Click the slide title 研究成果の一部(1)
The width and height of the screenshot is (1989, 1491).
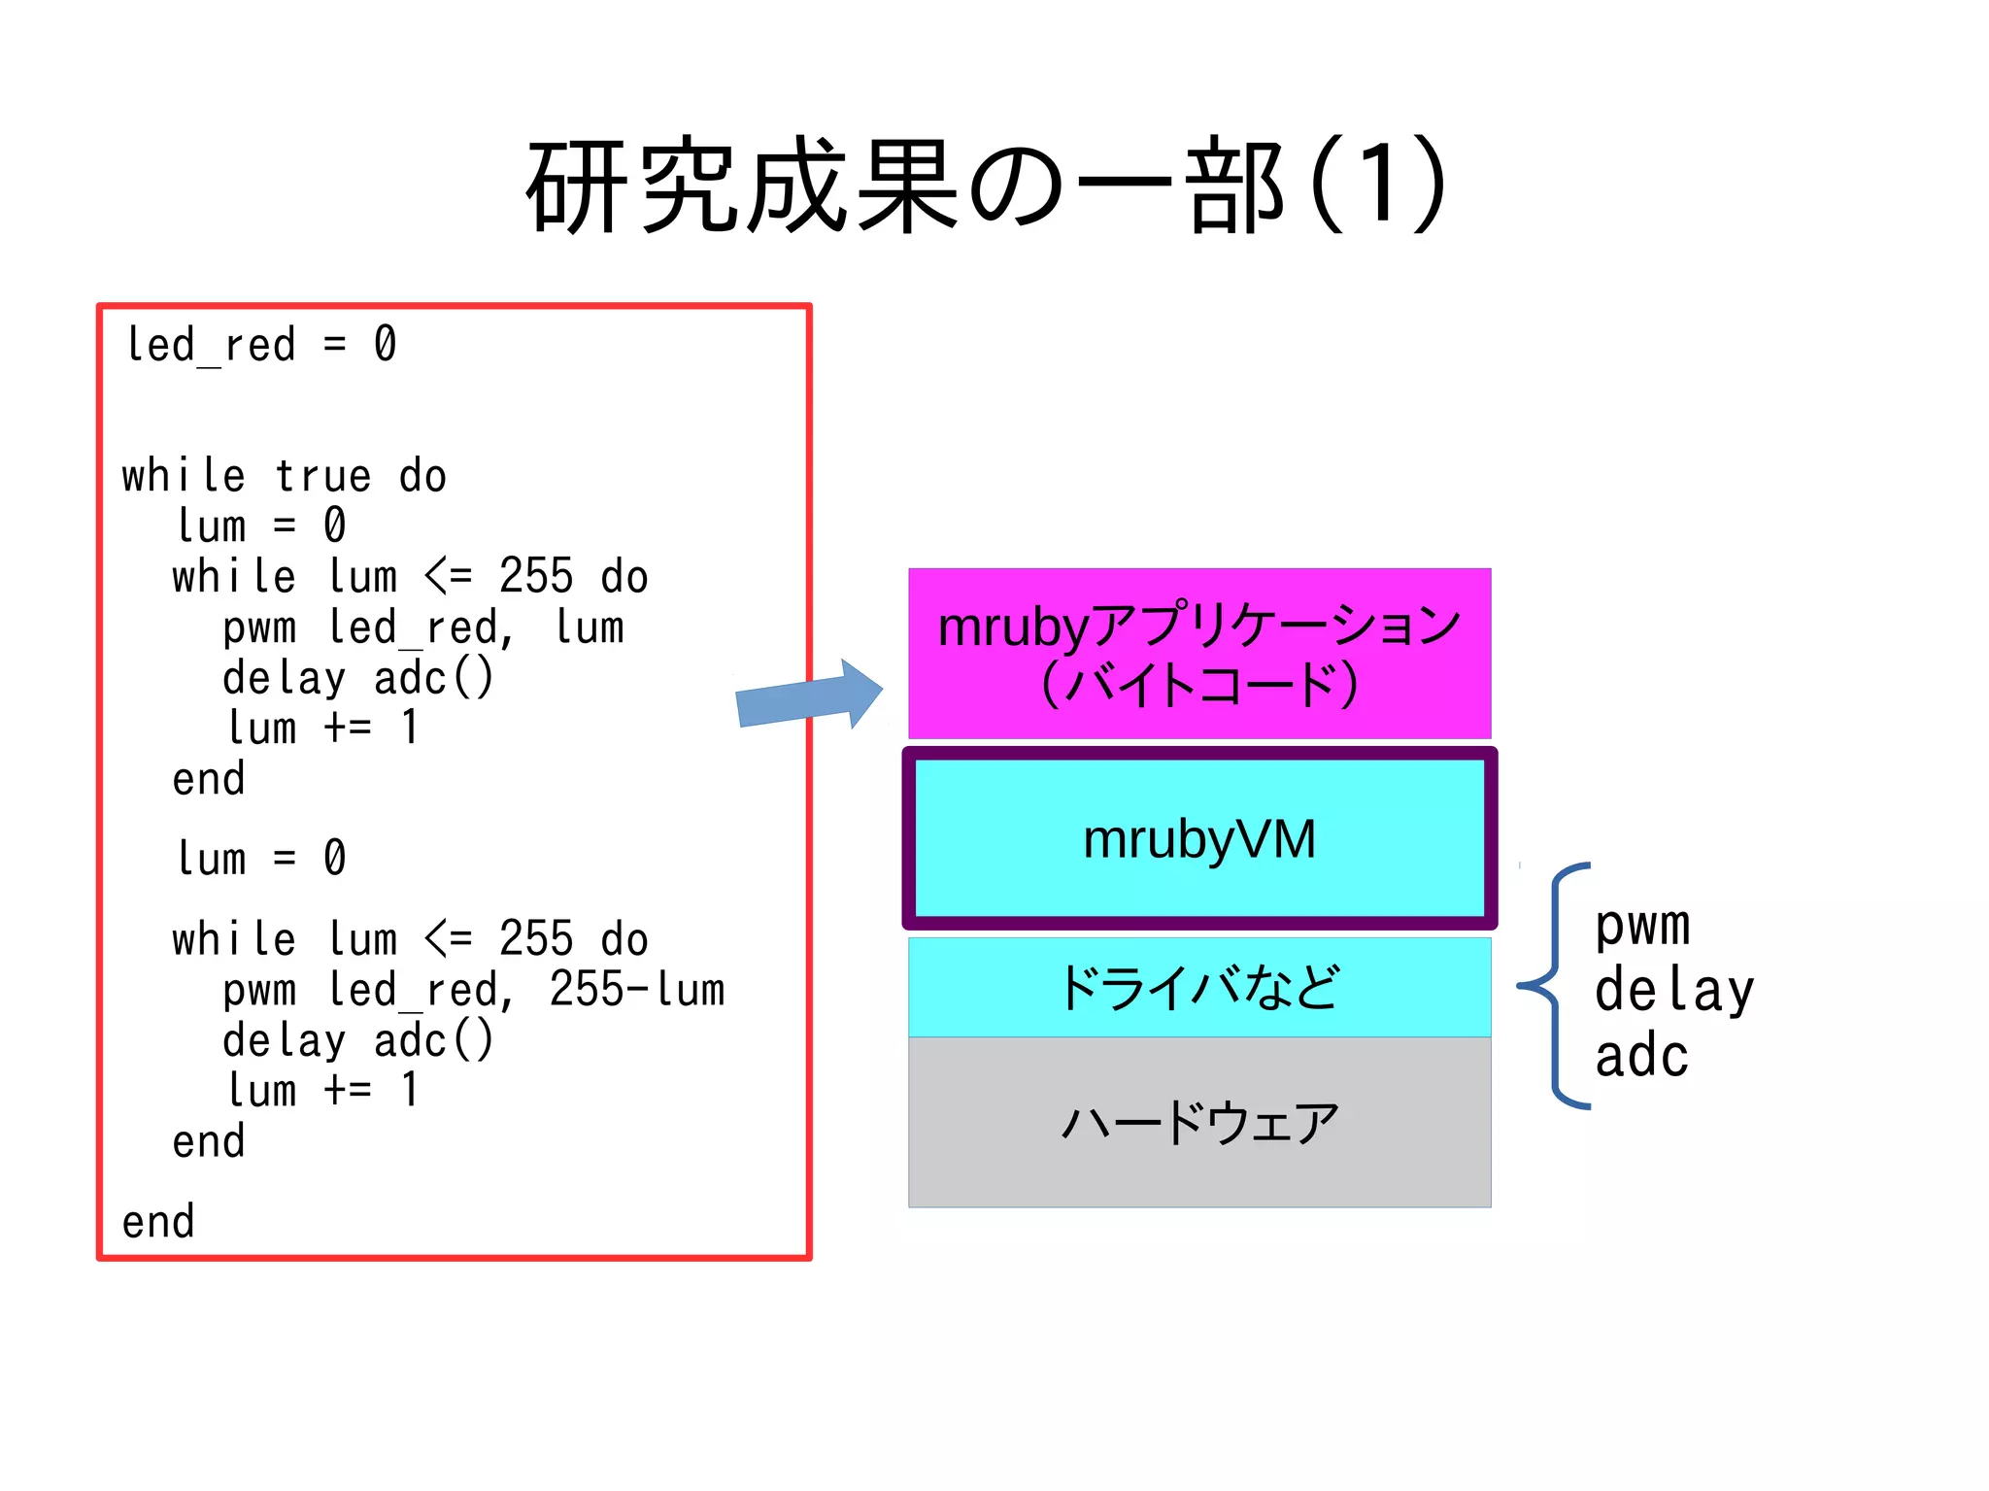986,185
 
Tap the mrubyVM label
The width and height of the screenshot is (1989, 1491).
1198,839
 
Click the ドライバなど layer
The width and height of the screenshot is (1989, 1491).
1198,987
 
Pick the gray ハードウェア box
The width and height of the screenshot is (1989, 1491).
1198,1123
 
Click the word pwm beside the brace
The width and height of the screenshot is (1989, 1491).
1642,925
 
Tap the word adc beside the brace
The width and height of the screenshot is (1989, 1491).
1641,1056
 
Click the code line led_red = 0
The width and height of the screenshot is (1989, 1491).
260,345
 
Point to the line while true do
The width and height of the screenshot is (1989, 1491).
284,476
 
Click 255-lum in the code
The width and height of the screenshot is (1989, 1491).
637,990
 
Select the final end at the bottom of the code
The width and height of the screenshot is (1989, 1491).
158,1222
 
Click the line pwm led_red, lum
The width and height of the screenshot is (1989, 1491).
423,627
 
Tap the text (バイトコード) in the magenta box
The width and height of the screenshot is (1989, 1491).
1198,684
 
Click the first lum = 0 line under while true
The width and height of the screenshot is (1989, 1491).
260,525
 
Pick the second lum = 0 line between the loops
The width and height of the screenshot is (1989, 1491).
260,858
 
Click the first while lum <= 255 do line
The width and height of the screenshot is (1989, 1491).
410,577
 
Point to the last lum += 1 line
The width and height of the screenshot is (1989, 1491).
322,1090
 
